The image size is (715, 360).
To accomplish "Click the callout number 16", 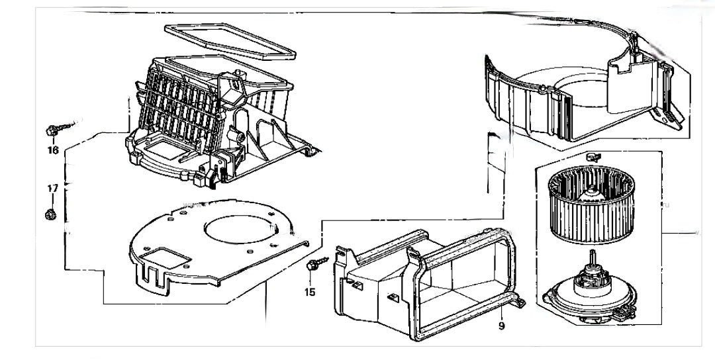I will [53, 150].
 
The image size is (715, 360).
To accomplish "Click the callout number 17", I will [53, 189].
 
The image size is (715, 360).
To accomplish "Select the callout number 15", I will [310, 291].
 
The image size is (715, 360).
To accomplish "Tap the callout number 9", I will [501, 326].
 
